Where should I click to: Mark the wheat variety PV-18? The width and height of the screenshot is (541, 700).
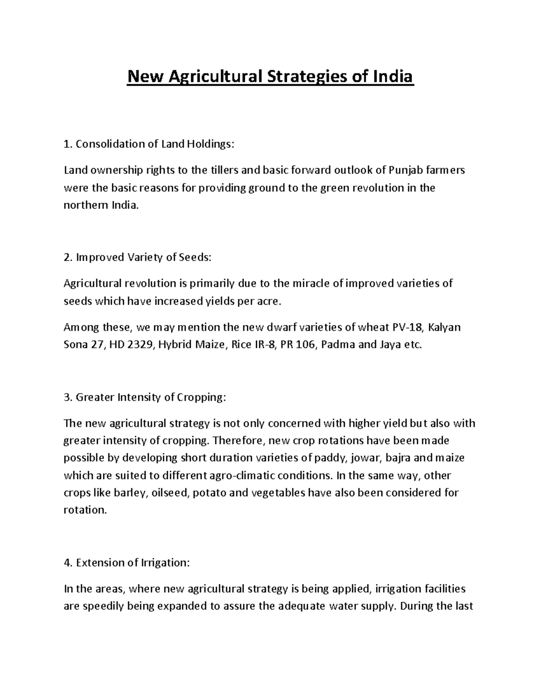pyautogui.click(x=408, y=327)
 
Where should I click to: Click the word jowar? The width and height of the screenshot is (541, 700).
pyautogui.click(x=366, y=458)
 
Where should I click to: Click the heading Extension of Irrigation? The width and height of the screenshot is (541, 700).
pyautogui.click(x=128, y=563)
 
